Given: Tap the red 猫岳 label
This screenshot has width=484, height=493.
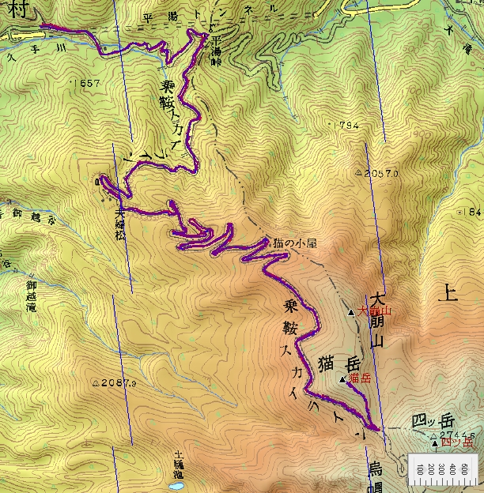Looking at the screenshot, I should [360, 378].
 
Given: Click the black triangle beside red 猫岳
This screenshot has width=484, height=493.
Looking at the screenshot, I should [342, 380].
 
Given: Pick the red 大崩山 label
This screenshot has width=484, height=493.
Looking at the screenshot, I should [375, 312].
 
